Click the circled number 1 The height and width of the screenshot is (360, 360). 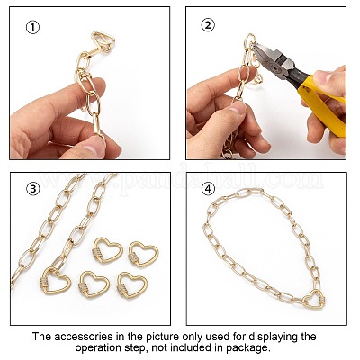pos(32,28)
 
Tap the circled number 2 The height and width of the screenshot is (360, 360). pos(208,25)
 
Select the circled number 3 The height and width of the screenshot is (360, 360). pos(33,189)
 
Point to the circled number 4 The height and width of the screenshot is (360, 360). pos(208,189)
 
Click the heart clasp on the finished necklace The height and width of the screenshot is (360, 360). pos(314,300)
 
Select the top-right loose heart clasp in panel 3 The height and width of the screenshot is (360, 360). pos(143,255)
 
